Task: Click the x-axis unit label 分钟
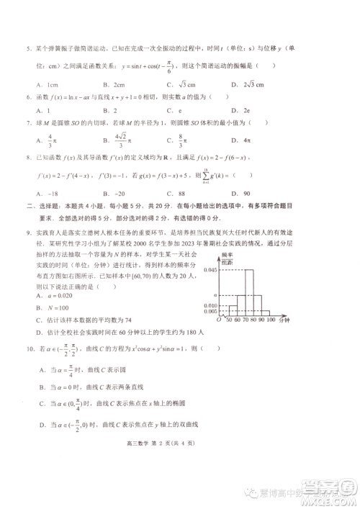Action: [284, 321]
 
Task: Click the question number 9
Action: [29, 233]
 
